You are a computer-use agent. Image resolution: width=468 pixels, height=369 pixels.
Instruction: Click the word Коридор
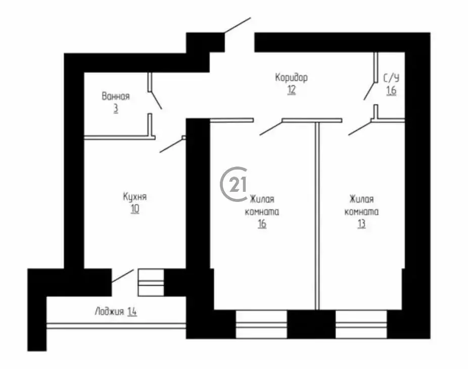point(291,78)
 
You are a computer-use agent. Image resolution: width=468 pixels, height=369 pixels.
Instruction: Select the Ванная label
point(116,96)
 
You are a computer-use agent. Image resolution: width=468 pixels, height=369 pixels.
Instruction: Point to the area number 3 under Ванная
point(116,109)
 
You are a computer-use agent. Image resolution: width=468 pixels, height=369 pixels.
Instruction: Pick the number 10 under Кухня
point(134,208)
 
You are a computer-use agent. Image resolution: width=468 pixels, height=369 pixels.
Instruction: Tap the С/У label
point(391,78)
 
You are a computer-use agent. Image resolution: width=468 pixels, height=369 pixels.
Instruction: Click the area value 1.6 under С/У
point(391,91)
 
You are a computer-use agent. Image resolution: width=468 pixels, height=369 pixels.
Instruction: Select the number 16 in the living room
point(261,224)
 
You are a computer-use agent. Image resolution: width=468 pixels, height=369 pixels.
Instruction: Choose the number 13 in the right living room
point(361,224)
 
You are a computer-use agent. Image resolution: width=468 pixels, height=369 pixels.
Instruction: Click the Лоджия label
point(109,311)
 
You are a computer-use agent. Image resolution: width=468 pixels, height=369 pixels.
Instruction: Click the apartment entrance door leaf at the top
point(237,25)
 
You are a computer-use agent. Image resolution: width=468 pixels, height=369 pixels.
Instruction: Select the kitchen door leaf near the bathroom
point(171,145)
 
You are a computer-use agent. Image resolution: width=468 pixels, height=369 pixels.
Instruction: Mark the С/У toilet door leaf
point(369,91)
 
